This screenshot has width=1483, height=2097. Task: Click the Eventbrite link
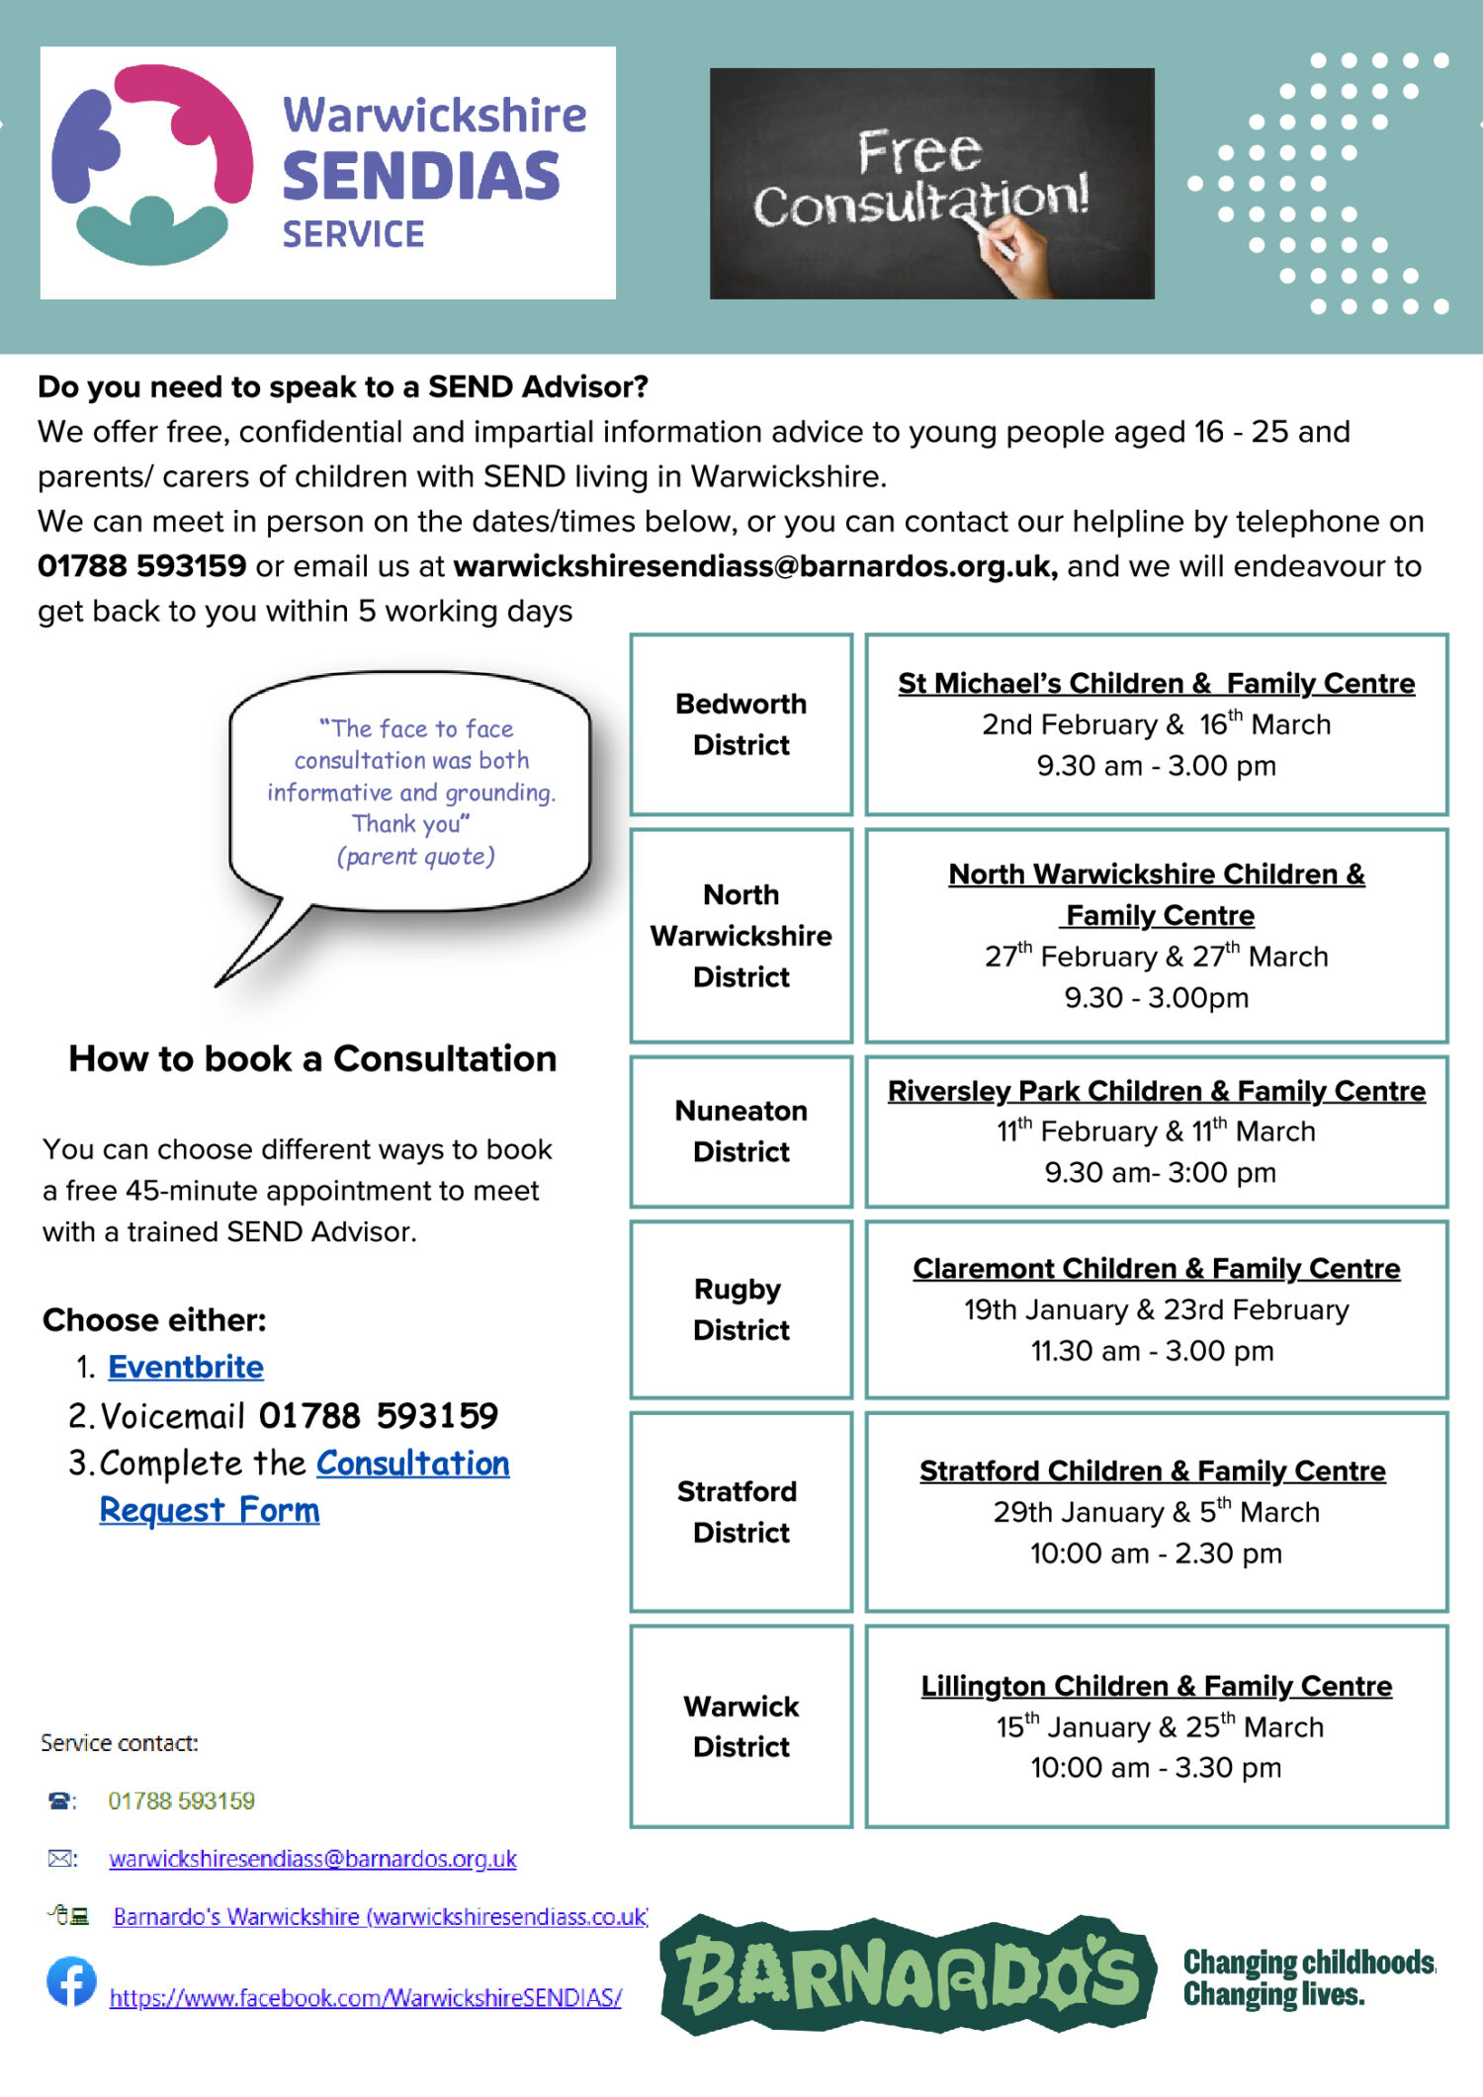[185, 1367]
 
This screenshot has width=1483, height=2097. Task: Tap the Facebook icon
[71, 1981]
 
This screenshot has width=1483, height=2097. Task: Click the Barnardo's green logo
[908, 1974]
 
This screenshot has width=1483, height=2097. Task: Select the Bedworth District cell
[741, 724]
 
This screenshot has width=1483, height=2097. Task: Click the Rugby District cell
[741, 1309]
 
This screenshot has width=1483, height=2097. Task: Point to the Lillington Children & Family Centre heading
[1156, 1686]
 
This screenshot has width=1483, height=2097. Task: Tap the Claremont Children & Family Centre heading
[1156, 1268]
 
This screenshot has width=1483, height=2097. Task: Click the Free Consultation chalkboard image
[931, 183]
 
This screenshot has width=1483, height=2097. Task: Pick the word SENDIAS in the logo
[422, 176]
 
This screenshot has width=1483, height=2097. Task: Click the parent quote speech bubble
[410, 791]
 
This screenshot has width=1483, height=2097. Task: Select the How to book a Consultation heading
[312, 1058]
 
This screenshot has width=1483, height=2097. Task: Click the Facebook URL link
[365, 1998]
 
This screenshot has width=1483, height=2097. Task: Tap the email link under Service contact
[312, 1859]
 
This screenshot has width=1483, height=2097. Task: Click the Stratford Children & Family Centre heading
[1152, 1471]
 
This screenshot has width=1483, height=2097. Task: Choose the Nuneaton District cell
[741, 1132]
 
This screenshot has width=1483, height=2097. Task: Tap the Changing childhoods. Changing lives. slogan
[1307, 1977]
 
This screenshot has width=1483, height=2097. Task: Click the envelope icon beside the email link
[61, 1859]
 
